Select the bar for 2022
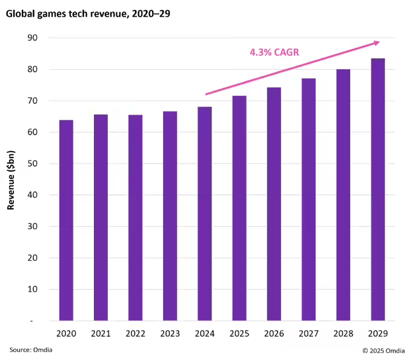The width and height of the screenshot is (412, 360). point(135,218)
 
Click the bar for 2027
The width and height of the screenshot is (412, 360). point(308,199)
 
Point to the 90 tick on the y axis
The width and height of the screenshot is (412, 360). point(32,38)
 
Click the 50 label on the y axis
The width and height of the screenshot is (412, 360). point(32,164)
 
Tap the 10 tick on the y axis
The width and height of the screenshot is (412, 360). point(32,289)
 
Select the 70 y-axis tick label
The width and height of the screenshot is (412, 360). point(32,101)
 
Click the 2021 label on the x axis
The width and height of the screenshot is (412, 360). point(101,333)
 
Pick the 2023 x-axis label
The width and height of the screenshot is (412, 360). point(170,333)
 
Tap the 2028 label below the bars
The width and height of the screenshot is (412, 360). point(343,333)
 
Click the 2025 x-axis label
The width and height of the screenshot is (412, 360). point(239,333)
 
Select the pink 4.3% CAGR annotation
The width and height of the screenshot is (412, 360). point(274,53)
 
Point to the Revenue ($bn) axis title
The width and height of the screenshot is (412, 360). point(11,179)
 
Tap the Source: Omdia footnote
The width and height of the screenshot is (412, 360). point(28,350)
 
